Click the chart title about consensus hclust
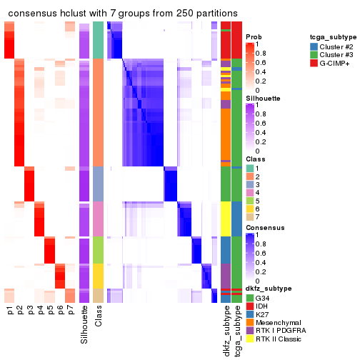point(123,14)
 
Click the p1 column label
point(10,311)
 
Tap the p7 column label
point(71,311)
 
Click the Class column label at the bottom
point(99,316)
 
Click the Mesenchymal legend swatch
point(249,323)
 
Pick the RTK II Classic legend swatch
point(249,340)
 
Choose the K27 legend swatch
point(249,314)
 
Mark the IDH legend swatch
point(249,306)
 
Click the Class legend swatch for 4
point(249,192)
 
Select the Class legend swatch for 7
point(249,218)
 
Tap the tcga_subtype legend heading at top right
point(333,36)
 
